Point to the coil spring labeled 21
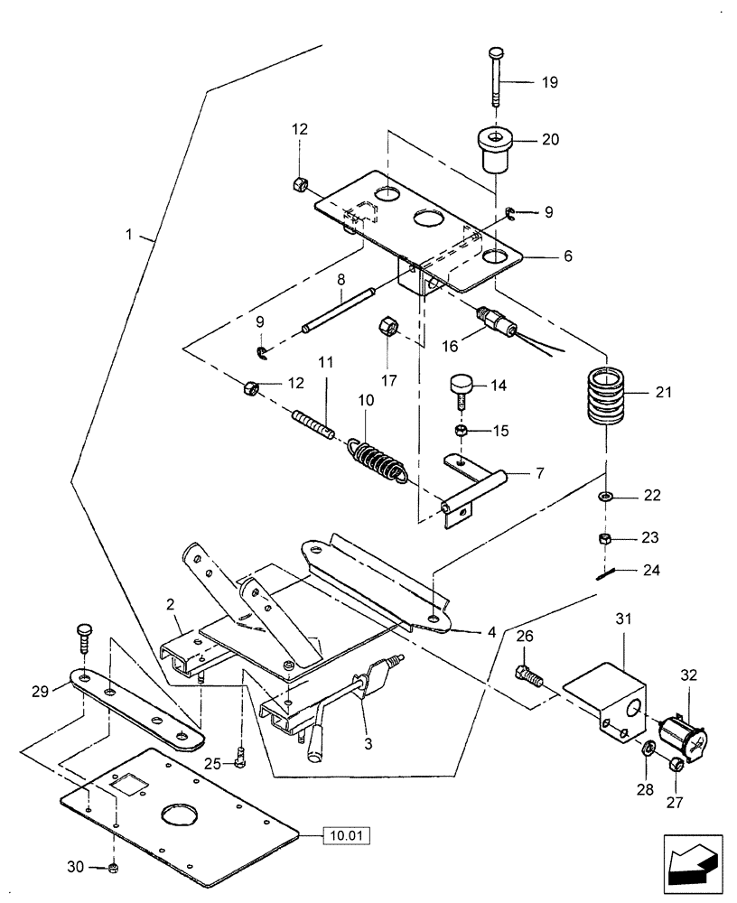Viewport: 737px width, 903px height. [605, 397]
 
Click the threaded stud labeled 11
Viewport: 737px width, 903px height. [313, 422]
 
